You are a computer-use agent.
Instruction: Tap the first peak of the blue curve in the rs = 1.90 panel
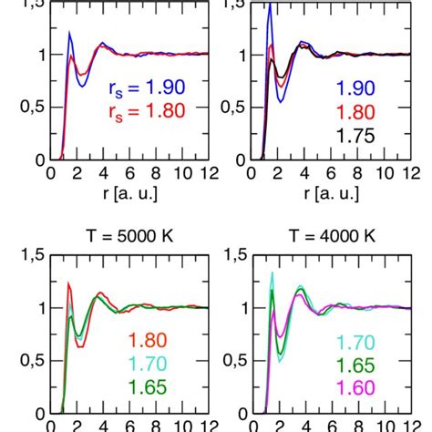click(70, 33)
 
